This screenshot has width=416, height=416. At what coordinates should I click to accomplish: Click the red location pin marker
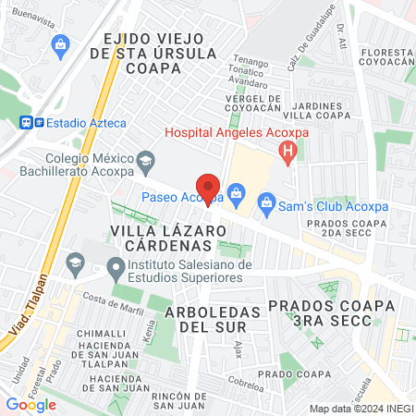click(x=208, y=189)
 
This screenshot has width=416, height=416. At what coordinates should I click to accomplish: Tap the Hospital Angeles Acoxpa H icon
click(x=289, y=150)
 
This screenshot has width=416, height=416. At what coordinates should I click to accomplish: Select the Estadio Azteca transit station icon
click(x=28, y=121)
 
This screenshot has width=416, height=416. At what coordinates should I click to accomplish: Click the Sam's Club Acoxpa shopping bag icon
click(x=266, y=201)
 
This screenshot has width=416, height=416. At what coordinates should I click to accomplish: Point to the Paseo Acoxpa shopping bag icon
click(x=236, y=194)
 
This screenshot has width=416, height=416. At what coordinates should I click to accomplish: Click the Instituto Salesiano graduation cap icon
click(x=116, y=270)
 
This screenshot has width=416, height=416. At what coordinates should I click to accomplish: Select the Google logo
click(x=31, y=404)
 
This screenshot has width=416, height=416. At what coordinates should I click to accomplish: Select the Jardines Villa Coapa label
click(x=321, y=112)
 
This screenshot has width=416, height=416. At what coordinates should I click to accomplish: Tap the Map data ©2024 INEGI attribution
click(x=361, y=409)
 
